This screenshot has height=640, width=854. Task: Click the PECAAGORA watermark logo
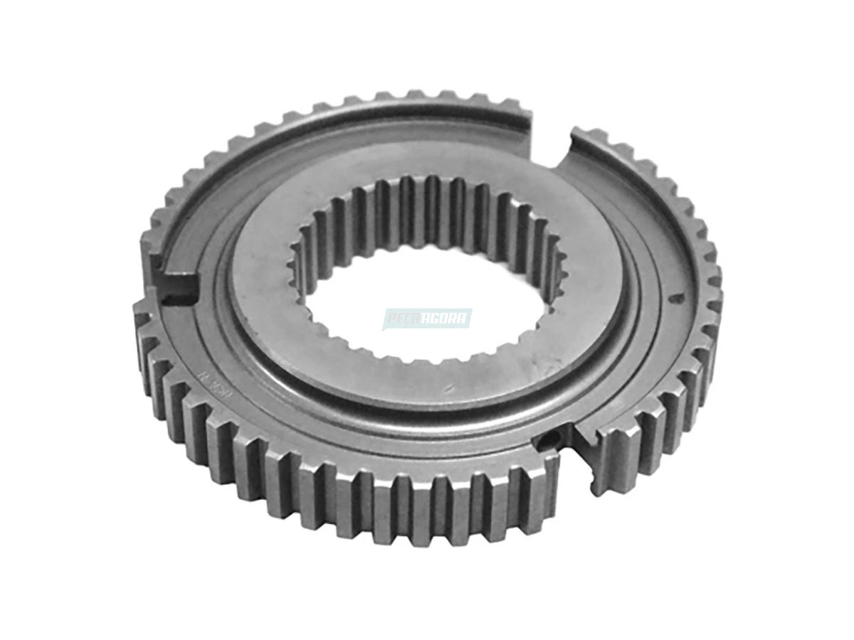click(x=426, y=318)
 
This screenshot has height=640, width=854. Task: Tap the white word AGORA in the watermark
click(x=447, y=318)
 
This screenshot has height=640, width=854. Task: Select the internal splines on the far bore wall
click(x=427, y=206)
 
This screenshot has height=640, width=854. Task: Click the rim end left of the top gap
click(x=523, y=117)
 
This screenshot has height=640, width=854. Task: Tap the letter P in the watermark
click(x=391, y=318)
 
